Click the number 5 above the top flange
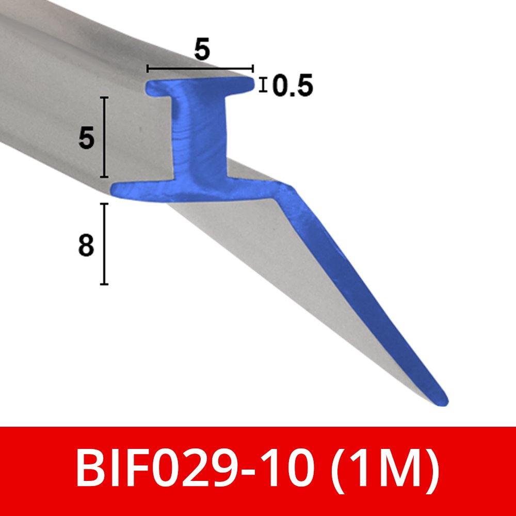coord(202,50)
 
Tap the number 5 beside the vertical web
coord(87,138)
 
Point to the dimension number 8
coord(86,246)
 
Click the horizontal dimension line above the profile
coord(200,68)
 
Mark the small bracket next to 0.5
coord(264,85)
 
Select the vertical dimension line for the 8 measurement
coord(104,244)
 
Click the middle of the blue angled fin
coord(356,289)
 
